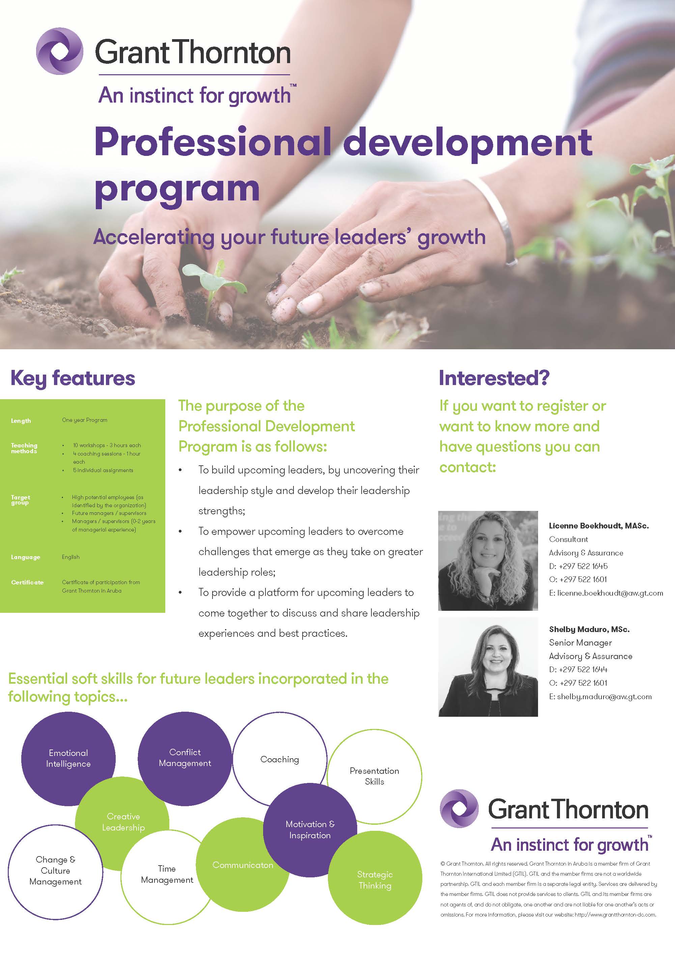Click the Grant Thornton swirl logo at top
[59, 51]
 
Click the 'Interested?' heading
[494, 378]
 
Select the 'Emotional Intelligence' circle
[68, 758]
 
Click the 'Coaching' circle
[280, 759]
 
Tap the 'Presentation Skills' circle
[374, 776]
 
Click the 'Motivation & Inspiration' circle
[310, 830]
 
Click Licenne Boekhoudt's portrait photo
[488, 560]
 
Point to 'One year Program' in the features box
[84, 420]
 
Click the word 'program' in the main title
[177, 189]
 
